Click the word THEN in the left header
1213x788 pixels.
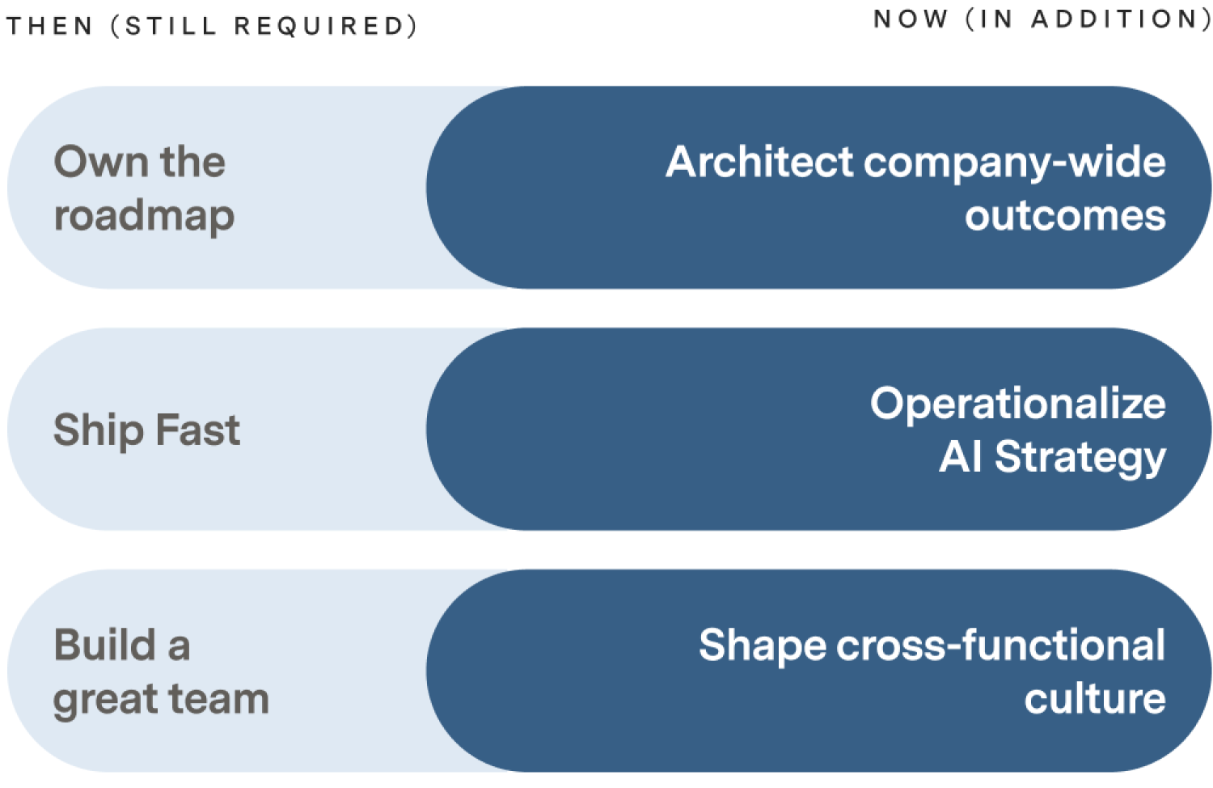click(x=49, y=25)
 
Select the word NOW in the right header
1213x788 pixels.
click(x=911, y=19)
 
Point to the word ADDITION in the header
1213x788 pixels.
click(x=1114, y=19)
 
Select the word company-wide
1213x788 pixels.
click(x=1014, y=163)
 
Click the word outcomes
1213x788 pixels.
click(x=1065, y=215)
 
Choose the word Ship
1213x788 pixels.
click(x=98, y=431)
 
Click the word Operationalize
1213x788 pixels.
click(x=1018, y=404)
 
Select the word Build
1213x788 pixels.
click(x=105, y=645)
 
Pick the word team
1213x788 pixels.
click(x=213, y=699)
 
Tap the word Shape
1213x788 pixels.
click(x=763, y=646)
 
